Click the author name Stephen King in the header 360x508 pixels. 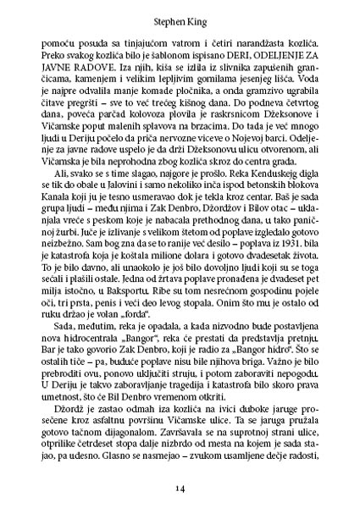(x=180, y=14)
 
